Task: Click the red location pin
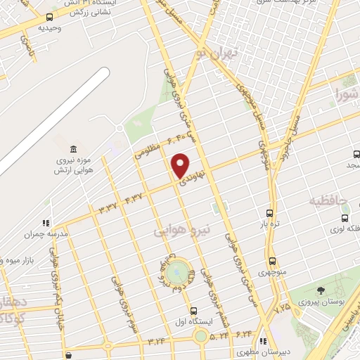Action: coord(181,165)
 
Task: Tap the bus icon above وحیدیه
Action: coord(49,17)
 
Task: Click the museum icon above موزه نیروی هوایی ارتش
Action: coord(74,150)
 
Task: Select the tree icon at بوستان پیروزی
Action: coord(321,290)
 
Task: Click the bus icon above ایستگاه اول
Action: coord(194,310)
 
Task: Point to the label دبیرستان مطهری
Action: coord(262,350)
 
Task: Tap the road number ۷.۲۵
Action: coord(283,307)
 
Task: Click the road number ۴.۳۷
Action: coord(132,198)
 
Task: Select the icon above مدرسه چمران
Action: coord(46,223)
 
